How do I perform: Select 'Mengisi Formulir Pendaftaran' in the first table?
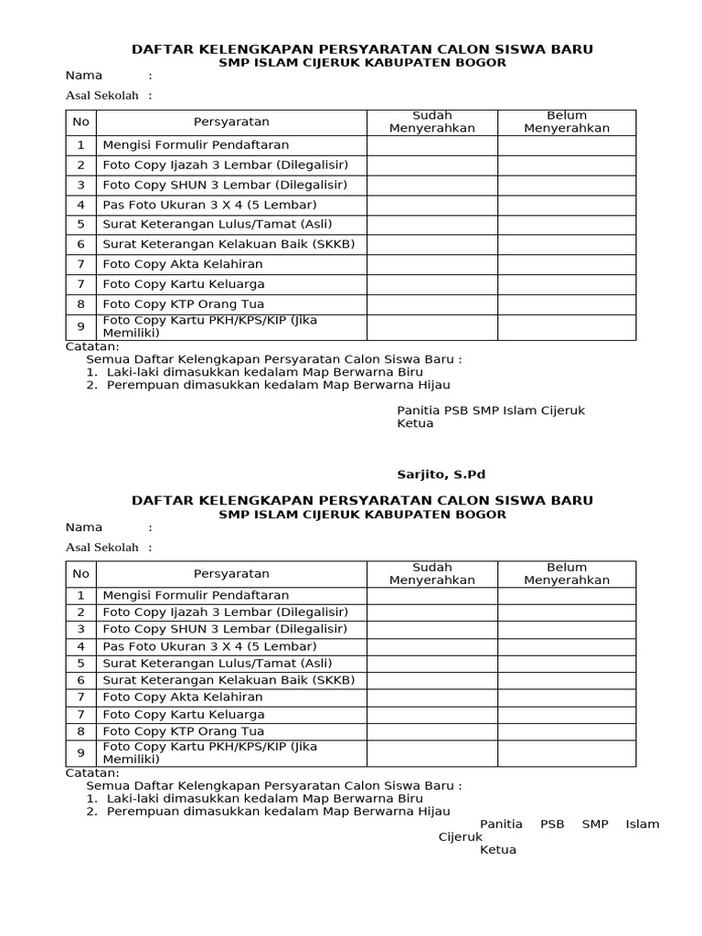[x=196, y=145]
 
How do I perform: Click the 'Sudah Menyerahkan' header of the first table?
[x=431, y=122]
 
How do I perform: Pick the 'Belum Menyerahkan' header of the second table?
[x=566, y=573]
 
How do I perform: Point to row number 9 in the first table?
[x=80, y=326]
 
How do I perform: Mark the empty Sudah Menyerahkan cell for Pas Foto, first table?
[x=431, y=205]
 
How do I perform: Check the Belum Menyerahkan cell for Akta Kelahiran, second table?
[x=566, y=697]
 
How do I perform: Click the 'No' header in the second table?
[x=80, y=573]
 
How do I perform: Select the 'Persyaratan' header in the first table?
[x=231, y=122]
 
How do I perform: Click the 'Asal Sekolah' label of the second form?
[x=101, y=547]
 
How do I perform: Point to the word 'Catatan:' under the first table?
[x=92, y=346]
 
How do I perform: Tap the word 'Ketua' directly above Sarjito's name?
[x=415, y=423]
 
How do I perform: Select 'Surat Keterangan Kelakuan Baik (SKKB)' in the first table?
[x=229, y=244]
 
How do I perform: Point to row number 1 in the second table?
[x=80, y=595]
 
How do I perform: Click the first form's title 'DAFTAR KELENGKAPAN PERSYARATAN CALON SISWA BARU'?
[x=362, y=48]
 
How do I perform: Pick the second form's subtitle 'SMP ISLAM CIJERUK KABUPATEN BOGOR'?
[x=362, y=515]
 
